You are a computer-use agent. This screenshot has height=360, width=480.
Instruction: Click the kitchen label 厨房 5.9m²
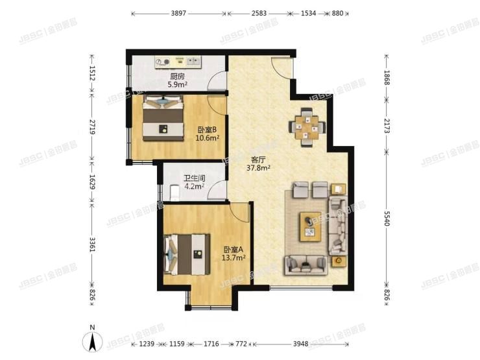pyautogui.click(x=177, y=80)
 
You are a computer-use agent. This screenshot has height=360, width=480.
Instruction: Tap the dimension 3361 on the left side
pyautogui.click(x=93, y=244)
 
